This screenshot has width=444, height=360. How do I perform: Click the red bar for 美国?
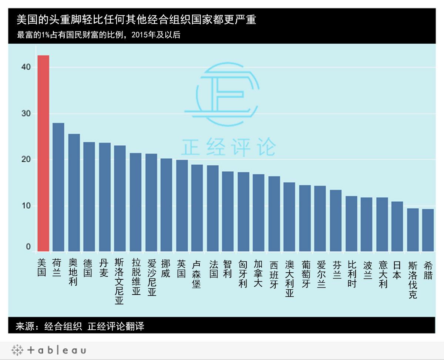click(43, 153)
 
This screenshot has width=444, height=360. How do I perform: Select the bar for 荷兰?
click(58, 187)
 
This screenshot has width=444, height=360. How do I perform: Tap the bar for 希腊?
click(428, 230)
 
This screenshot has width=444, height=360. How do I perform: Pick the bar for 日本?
click(397, 226)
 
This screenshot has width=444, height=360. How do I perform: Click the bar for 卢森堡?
click(197, 208)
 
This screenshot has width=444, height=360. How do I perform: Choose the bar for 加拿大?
click(259, 213)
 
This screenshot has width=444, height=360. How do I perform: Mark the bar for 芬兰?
click(336, 221)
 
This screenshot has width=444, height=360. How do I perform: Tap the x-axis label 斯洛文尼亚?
click(119, 282)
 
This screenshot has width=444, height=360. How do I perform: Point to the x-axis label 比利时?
click(351, 274)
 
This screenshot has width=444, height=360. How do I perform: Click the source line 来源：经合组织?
click(80, 326)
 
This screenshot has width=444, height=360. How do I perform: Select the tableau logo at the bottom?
click(48, 350)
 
